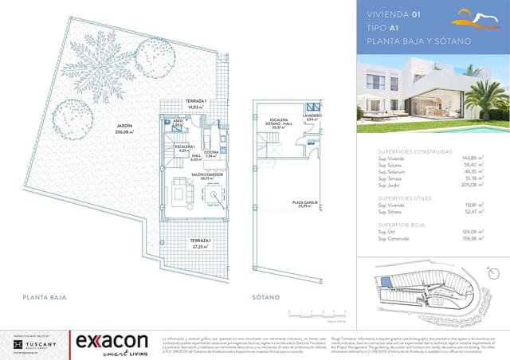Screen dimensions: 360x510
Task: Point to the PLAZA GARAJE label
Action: point(304,205)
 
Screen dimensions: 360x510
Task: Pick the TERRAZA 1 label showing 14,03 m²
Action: point(196,105)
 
